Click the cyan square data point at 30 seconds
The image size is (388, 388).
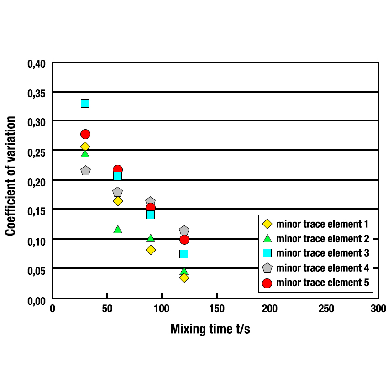coord(85,103)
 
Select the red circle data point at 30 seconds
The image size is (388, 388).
coord(85,134)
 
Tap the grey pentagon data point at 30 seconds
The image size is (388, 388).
coord(85,171)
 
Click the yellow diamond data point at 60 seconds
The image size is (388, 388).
coord(118,201)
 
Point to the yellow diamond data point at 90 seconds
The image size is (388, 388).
coord(151,250)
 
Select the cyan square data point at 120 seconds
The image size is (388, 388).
coord(184,254)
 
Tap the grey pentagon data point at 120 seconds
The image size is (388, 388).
coord(184,231)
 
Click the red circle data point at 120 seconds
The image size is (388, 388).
coord(184,240)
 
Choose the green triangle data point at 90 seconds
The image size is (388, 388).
coord(151,238)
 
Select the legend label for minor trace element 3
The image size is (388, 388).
coord(322,253)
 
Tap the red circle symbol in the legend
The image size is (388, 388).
coord(267,283)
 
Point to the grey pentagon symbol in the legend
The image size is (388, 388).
coord(267,268)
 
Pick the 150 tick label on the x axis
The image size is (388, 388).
coord(216,309)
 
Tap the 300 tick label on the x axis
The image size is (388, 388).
coord(378,309)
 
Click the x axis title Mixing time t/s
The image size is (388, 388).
coord(210,329)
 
